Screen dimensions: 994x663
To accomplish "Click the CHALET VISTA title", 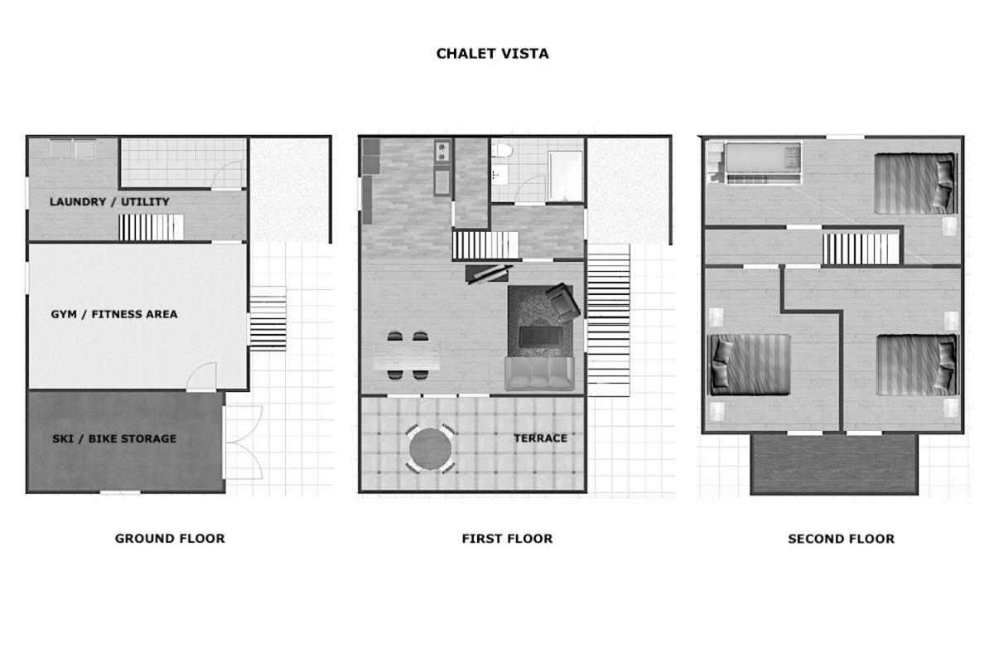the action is click(492, 54).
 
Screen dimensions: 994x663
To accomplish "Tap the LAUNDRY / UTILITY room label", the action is click(109, 201).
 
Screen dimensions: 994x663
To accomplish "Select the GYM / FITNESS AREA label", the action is click(113, 314).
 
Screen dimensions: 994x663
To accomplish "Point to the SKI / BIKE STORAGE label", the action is click(114, 438).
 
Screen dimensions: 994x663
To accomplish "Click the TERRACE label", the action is click(540, 438).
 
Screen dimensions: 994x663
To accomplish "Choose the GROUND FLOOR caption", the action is click(170, 538).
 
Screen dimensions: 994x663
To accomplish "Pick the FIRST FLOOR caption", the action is click(507, 539).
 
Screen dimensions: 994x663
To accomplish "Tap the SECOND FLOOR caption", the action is click(841, 539).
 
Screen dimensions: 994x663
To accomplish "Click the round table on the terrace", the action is click(431, 448).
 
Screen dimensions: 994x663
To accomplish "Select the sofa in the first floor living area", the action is click(539, 374).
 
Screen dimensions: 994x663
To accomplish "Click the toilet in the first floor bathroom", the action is click(502, 151).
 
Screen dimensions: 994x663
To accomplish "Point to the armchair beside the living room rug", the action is click(562, 302).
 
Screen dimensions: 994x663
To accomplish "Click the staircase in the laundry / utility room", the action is click(152, 227).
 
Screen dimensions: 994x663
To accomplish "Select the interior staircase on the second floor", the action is click(861, 249).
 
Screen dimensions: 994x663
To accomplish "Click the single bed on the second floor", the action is click(763, 162).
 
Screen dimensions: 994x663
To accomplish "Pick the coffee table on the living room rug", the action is click(541, 337).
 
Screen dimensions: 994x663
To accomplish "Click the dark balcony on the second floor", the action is click(834, 464).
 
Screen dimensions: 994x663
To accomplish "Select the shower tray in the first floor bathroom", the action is click(565, 177).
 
